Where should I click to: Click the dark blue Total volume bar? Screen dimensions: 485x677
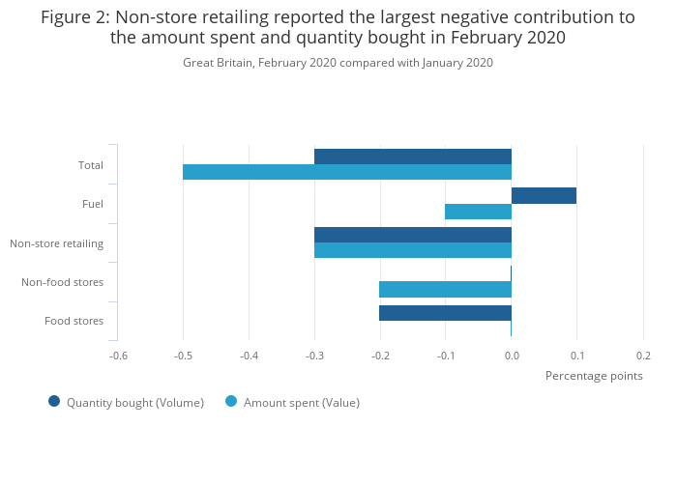point(413,157)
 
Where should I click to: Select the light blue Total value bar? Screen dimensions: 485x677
point(347,172)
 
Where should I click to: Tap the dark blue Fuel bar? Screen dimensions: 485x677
point(544,196)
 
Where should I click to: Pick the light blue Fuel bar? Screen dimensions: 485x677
point(478,212)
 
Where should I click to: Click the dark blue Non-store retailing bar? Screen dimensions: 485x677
point(413,235)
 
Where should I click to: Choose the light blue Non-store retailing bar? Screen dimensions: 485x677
point(413,250)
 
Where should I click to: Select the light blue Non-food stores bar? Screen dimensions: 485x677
point(445,289)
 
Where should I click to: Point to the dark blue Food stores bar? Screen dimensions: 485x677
point(445,313)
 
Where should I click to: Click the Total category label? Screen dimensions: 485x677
point(91,165)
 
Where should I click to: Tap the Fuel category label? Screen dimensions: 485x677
point(93,204)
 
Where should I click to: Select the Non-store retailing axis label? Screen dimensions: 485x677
point(57,243)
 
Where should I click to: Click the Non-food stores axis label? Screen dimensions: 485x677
point(63,282)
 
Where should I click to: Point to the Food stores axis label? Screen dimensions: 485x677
point(74,321)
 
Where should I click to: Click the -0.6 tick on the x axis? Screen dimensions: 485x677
point(118,356)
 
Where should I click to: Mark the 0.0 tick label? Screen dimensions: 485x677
point(512,356)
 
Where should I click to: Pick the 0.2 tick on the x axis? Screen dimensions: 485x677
point(643,356)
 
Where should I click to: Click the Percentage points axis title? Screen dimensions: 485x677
point(594,376)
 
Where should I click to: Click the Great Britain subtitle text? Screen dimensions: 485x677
point(338,63)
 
